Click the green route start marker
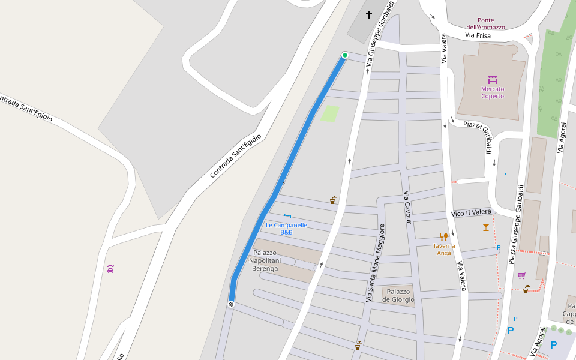tap(345, 55)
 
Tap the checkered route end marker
tap(231, 304)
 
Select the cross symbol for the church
tap(368, 14)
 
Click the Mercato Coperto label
tap(493, 92)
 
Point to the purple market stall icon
tap(493, 79)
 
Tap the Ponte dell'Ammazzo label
tap(486, 23)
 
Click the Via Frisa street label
tap(478, 36)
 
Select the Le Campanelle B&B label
tap(286, 229)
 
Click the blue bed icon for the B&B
tap(287, 216)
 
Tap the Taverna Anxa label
tap(444, 249)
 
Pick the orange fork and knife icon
tap(444, 236)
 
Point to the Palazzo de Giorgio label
tap(398, 295)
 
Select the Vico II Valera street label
tap(471, 212)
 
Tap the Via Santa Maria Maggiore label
tap(374, 262)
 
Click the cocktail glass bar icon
tap(485, 227)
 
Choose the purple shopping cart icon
tap(521, 275)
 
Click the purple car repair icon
tap(110, 268)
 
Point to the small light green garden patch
tap(329, 113)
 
